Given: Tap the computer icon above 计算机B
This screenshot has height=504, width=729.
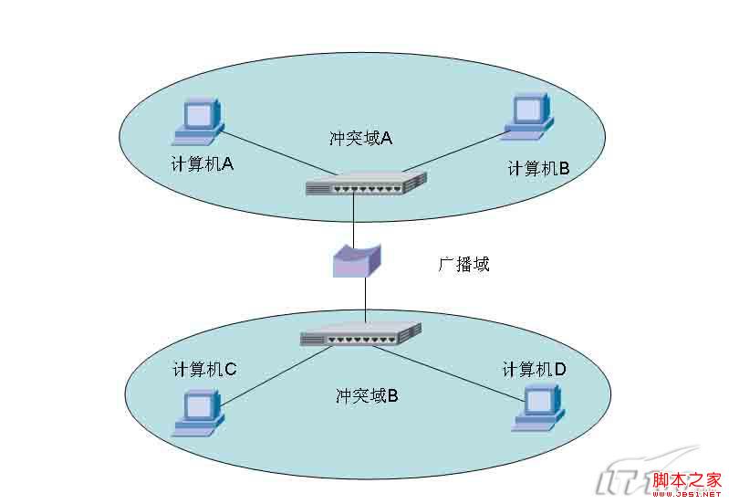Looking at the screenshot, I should coord(527,117).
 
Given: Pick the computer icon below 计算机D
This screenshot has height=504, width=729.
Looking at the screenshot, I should coord(536,407).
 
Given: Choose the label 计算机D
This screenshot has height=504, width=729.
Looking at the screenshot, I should coord(535,369).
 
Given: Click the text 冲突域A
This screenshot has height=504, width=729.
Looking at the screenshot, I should coord(360,138).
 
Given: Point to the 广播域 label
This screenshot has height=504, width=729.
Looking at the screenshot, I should coord(463,265).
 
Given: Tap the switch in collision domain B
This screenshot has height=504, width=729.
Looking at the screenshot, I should coord(360,335).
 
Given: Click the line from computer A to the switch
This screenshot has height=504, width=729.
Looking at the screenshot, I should coord(269,152).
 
